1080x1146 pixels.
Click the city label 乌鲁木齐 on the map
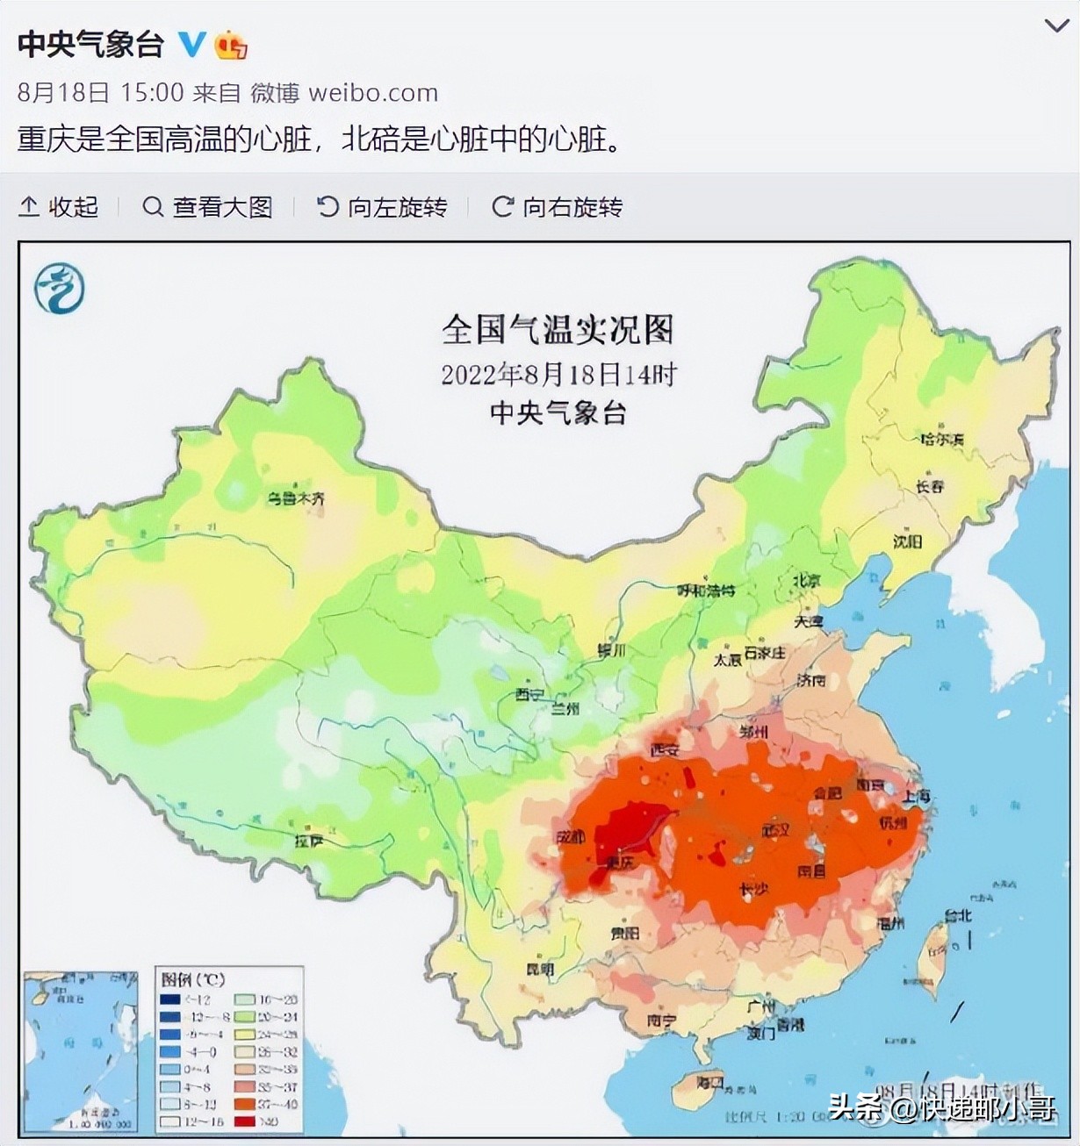[x=296, y=498]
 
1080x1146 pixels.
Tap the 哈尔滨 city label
[x=941, y=439]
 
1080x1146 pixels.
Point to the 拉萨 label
[x=310, y=841]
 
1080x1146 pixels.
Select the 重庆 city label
[x=618, y=863]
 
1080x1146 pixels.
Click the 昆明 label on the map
[x=539, y=970]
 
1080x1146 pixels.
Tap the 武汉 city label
[x=776, y=829]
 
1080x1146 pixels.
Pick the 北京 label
[x=806, y=581]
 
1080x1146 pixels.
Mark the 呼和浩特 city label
[x=705, y=591]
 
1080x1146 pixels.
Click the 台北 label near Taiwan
[x=957, y=915]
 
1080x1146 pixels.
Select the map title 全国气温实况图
[x=558, y=330]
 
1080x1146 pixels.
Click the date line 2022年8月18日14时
[x=558, y=375]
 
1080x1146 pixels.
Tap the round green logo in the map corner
[x=60, y=288]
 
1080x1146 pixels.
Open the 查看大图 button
[x=207, y=207]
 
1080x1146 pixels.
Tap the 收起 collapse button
[x=58, y=207]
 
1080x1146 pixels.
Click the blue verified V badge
[x=192, y=44]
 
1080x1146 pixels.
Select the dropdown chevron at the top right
[x=1055, y=26]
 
